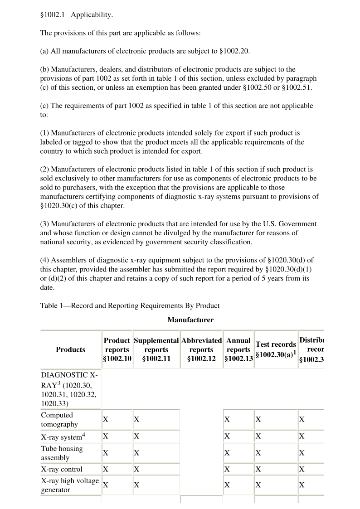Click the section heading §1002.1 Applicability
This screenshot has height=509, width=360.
[77, 15]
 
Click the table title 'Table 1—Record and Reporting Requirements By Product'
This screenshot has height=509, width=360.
[130, 305]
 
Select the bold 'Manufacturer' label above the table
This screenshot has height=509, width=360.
[190, 320]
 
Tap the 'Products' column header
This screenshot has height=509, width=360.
[70, 349]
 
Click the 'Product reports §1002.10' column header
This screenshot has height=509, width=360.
[117, 349]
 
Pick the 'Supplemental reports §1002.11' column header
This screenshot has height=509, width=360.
[156, 349]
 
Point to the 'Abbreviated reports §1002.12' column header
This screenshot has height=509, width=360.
[201, 349]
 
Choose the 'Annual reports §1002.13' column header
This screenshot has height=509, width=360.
[238, 349]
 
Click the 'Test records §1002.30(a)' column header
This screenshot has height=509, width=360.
[276, 349]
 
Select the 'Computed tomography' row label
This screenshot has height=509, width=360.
[57, 420]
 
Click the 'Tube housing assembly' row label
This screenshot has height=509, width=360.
[62, 453]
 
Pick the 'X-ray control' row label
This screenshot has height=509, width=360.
[62, 469]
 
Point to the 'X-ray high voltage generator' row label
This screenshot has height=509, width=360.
[70, 485]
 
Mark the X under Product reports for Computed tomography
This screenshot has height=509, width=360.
[106, 420]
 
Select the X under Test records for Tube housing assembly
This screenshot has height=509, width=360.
[258, 453]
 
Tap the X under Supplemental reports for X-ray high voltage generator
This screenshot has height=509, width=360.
[136, 485]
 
